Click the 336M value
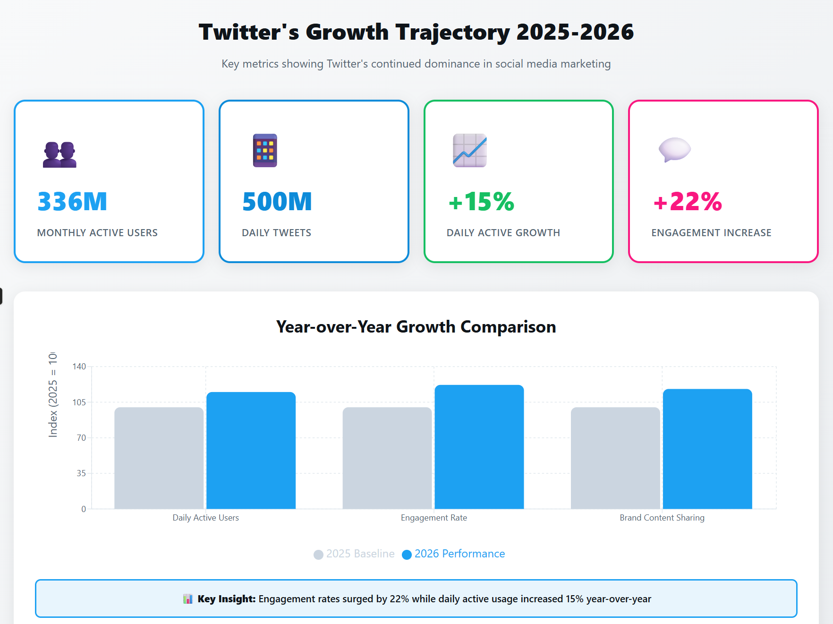click(72, 202)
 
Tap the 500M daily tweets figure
click(277, 202)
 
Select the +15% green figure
click(481, 202)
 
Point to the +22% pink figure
click(688, 202)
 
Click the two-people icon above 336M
click(59, 154)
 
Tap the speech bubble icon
click(674, 150)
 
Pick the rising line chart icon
click(469, 150)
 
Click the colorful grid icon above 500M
click(265, 150)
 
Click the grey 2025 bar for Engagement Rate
click(387, 458)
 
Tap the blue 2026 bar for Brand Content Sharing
click(707, 449)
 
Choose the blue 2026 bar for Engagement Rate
click(479, 447)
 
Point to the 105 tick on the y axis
click(79, 402)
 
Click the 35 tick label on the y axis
click(81, 473)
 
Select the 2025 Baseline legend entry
click(354, 554)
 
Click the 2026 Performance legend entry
click(454, 554)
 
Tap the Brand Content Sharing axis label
click(662, 518)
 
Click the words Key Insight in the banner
click(226, 599)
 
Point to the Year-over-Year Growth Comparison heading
click(416, 327)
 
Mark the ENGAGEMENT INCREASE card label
click(711, 233)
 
